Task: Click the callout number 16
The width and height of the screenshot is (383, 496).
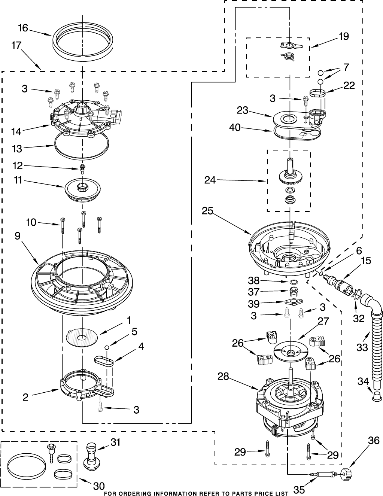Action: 23,28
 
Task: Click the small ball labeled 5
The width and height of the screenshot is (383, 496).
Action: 107,348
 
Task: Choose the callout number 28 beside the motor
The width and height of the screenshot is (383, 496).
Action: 223,376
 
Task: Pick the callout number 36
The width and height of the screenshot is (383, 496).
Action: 374,441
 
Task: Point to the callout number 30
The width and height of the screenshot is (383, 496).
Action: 99,486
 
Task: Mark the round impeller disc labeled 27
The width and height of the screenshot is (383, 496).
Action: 291,351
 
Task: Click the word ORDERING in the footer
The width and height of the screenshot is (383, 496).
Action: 134,493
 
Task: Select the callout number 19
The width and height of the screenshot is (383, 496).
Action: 343,36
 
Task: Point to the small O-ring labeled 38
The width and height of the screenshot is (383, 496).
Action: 294,281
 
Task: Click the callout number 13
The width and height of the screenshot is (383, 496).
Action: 17,149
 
